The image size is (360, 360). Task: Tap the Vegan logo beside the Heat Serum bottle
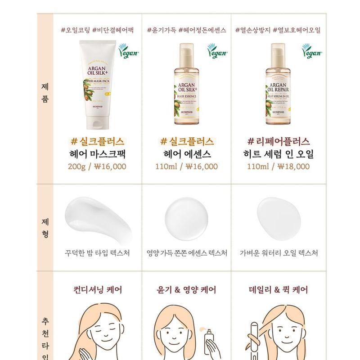click(310, 53)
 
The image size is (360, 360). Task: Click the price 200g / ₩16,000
click(97, 166)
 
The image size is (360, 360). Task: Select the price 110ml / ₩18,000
click(278, 166)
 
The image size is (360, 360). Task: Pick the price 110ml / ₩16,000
click(186, 166)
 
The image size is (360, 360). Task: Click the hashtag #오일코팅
click(75, 30)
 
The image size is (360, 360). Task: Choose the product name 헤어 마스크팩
click(97, 154)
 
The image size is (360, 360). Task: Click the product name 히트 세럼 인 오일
click(278, 154)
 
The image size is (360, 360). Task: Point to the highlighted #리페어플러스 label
click(278, 141)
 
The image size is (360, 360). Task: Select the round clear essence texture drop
click(186, 215)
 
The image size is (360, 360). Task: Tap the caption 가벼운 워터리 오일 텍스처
click(279, 253)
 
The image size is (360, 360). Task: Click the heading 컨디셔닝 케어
click(97, 289)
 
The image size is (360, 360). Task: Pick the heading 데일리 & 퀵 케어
click(279, 289)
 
